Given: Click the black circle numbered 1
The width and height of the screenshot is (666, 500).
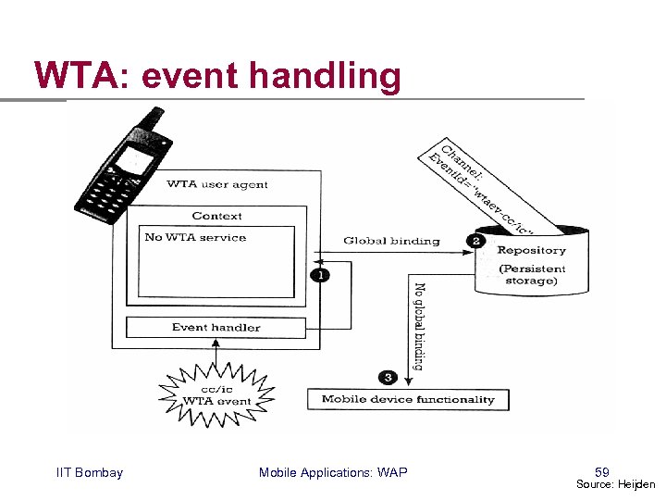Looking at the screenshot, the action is click(x=320, y=275).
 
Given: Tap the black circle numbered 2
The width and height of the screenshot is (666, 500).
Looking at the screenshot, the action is click(x=475, y=241).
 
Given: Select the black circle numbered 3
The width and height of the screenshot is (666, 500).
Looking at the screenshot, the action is click(x=388, y=377).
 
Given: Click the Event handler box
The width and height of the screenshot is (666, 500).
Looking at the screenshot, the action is click(x=216, y=328).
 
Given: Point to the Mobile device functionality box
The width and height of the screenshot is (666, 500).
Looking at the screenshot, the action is click(x=408, y=399).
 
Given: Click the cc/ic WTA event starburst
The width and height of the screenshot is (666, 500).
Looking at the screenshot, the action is click(x=216, y=395).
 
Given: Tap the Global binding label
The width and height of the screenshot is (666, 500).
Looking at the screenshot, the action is click(x=391, y=241).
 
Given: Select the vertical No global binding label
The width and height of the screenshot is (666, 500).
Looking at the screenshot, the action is click(x=419, y=327).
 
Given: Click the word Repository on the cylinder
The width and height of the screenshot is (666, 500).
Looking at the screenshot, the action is click(x=531, y=250).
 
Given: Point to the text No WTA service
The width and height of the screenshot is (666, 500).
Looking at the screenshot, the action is click(x=195, y=237).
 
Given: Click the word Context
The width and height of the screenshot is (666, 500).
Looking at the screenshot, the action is click(x=216, y=216).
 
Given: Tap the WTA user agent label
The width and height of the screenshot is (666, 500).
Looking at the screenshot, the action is click(x=217, y=184).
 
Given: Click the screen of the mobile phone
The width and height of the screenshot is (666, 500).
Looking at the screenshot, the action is click(x=135, y=161).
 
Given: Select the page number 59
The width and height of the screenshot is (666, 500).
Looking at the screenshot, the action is click(x=602, y=472).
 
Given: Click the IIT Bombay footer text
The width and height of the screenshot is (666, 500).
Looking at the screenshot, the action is click(x=90, y=472).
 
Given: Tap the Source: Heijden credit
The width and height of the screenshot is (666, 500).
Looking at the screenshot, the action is click(x=615, y=484).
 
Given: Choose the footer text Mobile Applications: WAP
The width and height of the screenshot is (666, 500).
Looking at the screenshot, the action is click(x=333, y=472).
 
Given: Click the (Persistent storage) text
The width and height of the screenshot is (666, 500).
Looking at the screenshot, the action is click(x=532, y=275).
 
